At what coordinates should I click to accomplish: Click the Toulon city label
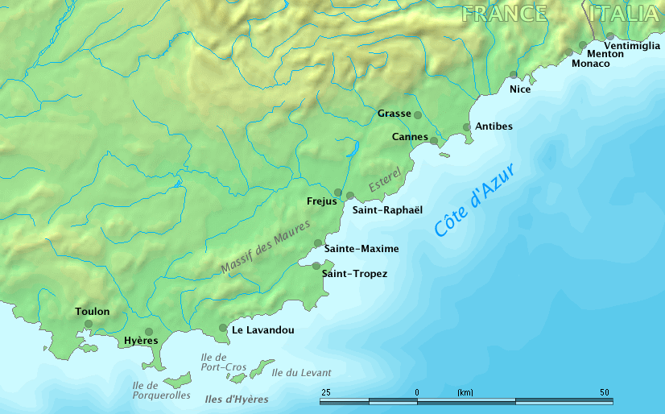92,312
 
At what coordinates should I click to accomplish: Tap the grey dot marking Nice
514,75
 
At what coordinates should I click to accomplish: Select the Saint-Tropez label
354,274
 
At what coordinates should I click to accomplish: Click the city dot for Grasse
418,115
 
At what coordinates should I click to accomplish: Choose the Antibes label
494,126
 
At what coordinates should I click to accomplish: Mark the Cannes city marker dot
434,141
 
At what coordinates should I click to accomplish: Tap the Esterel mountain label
385,180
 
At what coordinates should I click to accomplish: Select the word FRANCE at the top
505,14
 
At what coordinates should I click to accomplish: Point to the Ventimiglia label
632,46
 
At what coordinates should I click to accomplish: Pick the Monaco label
590,64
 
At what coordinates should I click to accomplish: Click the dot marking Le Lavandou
223,328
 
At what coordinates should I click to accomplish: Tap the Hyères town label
141,342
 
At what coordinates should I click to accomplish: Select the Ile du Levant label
301,372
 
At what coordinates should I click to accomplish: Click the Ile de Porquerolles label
161,391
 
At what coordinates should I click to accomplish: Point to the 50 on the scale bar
605,392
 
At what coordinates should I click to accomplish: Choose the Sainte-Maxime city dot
318,242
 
